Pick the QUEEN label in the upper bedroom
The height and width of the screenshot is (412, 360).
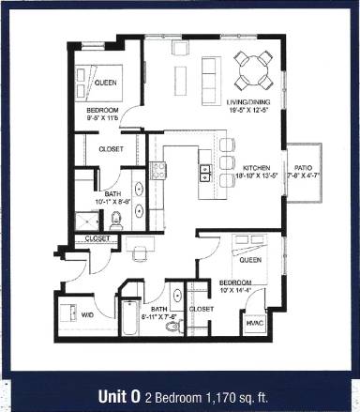point(105,81)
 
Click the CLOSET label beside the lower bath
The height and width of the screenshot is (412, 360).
point(201,308)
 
